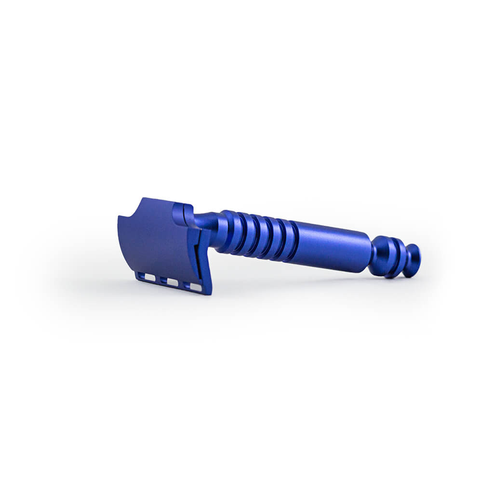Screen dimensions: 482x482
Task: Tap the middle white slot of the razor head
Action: tap(172, 282)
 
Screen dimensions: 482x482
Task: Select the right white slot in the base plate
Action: tap(195, 287)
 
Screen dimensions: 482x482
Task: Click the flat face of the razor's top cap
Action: tap(157, 241)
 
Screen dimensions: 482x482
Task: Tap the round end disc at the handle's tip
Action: tap(412, 260)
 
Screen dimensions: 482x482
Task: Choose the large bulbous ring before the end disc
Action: tap(382, 255)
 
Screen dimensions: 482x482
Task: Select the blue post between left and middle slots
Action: tap(161, 280)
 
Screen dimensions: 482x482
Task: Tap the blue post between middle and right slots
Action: tap(183, 284)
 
